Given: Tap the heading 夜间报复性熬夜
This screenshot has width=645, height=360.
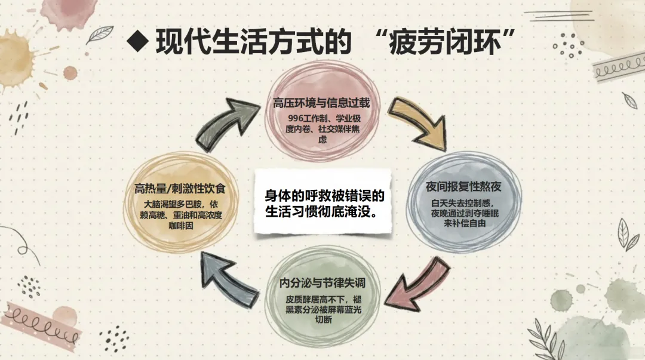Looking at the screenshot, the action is point(463,187).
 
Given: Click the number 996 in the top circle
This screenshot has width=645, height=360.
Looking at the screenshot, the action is point(296,118).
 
